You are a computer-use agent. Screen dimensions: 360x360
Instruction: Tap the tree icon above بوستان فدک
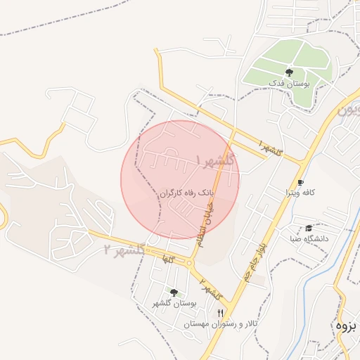289,72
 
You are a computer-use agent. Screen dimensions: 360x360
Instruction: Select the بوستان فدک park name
289,84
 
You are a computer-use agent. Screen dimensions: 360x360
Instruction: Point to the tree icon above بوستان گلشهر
174,292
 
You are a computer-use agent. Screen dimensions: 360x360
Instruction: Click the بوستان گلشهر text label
174,303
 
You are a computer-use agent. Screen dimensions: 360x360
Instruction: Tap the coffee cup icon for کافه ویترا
301,181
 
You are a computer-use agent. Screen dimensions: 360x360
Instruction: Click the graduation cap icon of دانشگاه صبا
309,228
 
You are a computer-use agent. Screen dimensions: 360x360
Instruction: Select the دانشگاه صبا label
309,239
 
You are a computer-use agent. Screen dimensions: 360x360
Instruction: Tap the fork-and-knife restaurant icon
221,313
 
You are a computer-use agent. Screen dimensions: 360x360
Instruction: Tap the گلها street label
167,259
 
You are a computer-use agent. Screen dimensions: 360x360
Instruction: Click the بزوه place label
347,326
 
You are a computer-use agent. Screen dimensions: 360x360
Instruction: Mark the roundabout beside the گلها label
190,264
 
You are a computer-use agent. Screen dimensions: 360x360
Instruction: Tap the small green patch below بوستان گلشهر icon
180,295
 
